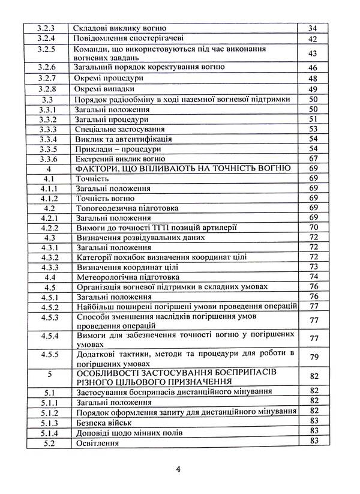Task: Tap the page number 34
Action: [312, 28]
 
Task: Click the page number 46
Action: [312, 67]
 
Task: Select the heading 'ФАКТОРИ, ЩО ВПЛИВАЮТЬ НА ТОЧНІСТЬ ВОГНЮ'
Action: [184, 169]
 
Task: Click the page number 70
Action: [312, 227]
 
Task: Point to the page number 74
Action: [312, 277]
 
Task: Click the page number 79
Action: [312, 358]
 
